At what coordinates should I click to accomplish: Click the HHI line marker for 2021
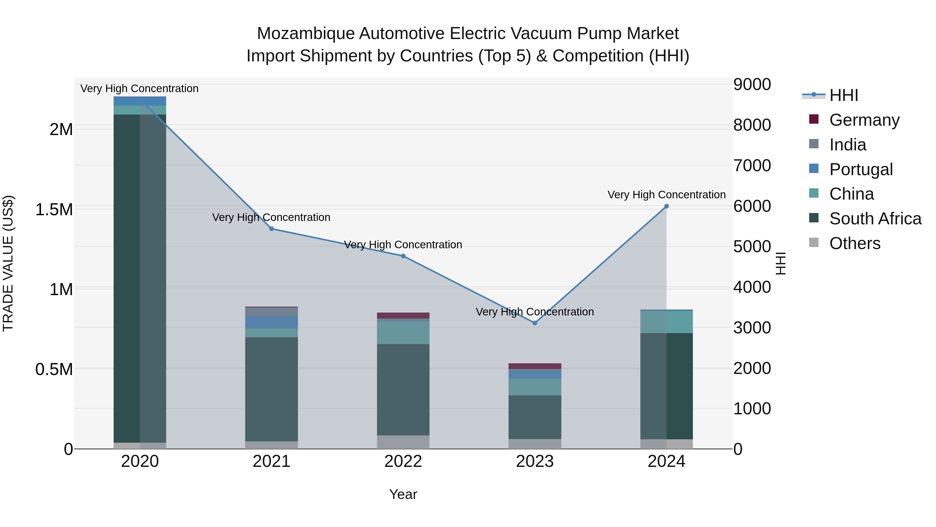point(271,229)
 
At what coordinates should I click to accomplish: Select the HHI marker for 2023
point(535,323)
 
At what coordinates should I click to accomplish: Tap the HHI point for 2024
point(666,206)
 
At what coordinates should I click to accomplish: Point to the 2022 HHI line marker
point(403,256)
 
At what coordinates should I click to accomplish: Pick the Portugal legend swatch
point(814,169)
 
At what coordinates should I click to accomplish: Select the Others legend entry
point(855,243)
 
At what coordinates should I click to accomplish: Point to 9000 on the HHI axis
point(752,84)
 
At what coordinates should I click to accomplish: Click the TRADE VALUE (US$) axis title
point(8,263)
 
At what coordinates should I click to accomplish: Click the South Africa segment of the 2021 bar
point(271,389)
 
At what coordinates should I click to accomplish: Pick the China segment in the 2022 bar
point(403,332)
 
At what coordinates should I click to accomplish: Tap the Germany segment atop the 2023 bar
point(535,366)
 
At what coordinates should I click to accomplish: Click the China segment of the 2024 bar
point(666,322)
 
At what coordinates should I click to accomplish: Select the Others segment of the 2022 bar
point(403,442)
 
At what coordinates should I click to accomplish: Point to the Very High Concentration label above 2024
point(666,195)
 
